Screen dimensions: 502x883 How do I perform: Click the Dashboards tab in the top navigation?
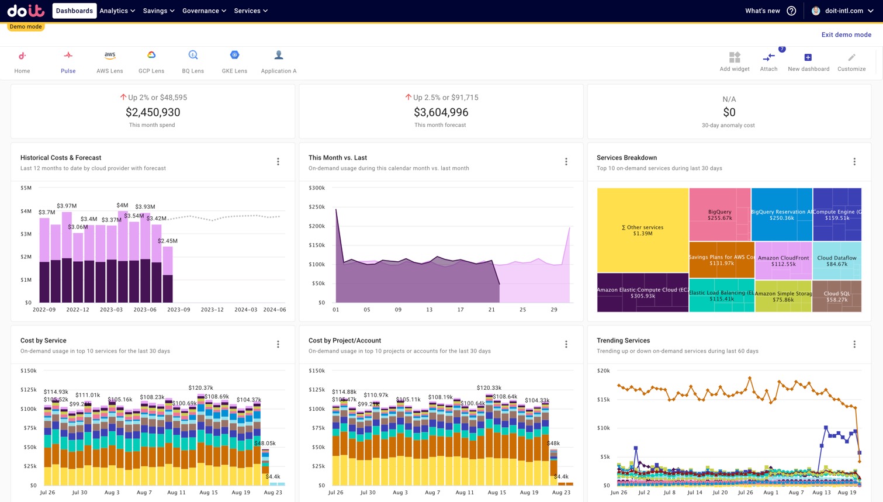coord(74,11)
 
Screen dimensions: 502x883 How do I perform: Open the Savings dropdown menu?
coord(158,11)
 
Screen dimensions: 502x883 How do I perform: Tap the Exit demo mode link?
coord(846,34)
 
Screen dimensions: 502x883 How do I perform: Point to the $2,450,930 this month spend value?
coord(153,112)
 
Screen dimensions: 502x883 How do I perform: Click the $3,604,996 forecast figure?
coord(441,112)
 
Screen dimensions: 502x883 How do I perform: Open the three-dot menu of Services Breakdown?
coord(854,162)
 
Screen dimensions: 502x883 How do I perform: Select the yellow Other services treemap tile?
coord(642,230)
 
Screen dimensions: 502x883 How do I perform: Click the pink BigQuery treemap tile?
coord(719,214)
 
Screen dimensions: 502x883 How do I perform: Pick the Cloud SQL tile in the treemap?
coord(836,296)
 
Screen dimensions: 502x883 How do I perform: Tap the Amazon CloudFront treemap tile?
coord(783,261)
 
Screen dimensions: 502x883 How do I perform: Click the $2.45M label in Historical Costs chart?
coord(168,241)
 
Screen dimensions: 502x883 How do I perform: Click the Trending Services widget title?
coord(623,341)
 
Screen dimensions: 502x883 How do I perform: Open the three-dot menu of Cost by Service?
coord(278,345)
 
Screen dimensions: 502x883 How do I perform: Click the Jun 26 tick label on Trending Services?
coord(618,493)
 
